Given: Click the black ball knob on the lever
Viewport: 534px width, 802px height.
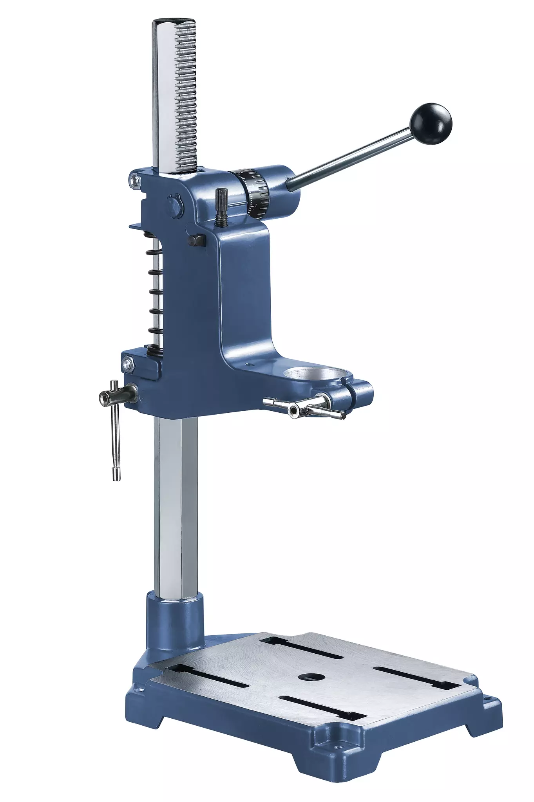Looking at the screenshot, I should tap(431, 123).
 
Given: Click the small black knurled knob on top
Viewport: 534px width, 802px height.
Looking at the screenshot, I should tap(222, 206).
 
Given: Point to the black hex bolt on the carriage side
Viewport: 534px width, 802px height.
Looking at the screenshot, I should tap(197, 240).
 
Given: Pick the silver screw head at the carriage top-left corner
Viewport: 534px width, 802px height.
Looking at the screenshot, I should tap(136, 180).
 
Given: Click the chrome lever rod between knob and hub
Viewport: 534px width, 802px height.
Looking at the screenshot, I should tap(353, 158).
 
